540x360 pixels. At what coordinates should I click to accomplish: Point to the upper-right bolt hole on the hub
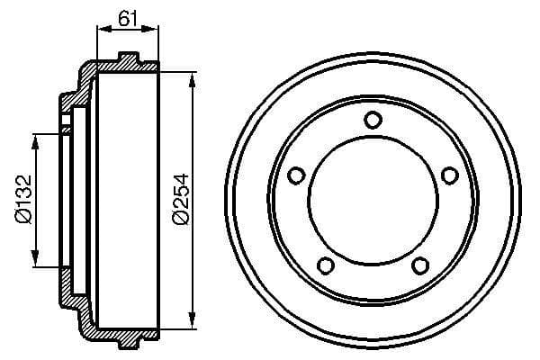(x=449, y=175)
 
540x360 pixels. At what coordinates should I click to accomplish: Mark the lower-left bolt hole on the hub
(x=326, y=265)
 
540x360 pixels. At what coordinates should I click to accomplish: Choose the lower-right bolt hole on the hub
(x=419, y=265)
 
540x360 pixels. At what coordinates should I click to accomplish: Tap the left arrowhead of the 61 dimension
(x=100, y=31)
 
